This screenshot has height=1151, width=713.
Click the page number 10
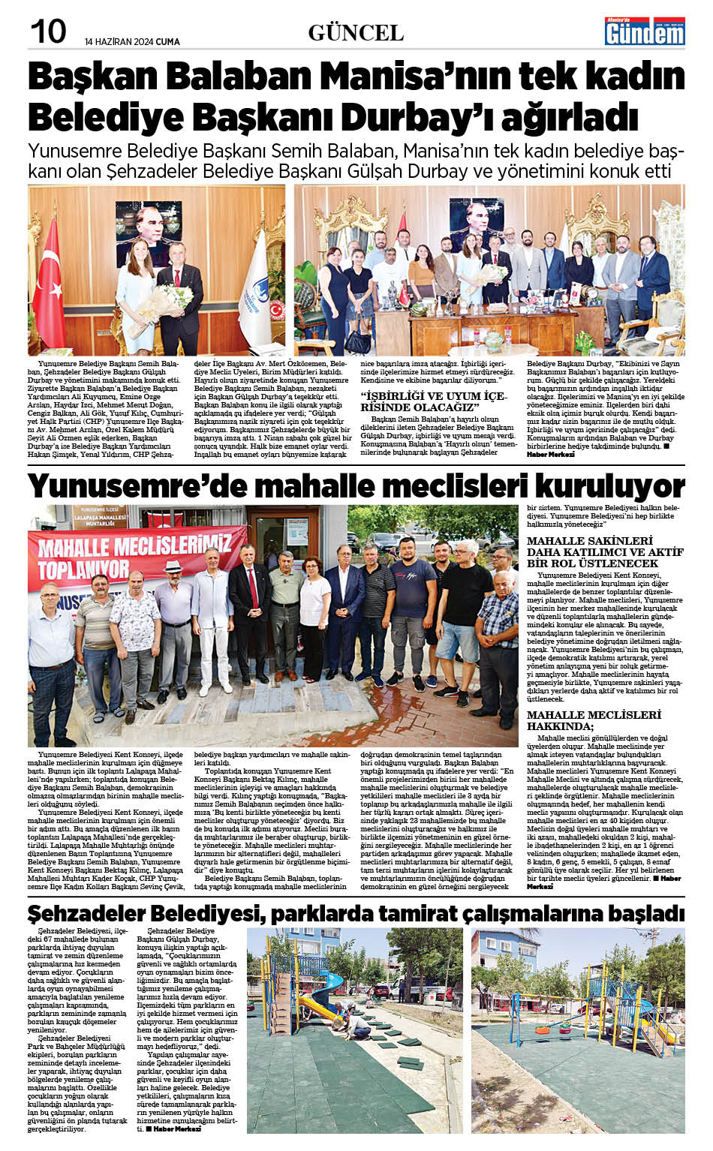pos(48,32)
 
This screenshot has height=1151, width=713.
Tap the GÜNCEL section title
pos(356,33)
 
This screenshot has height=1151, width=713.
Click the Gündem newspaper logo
pos(645,31)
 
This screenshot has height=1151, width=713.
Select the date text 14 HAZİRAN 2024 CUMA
pos(132,41)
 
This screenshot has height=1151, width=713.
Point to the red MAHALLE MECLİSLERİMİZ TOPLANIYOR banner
pos(135,556)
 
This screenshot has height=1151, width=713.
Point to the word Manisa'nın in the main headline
pos(405,77)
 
